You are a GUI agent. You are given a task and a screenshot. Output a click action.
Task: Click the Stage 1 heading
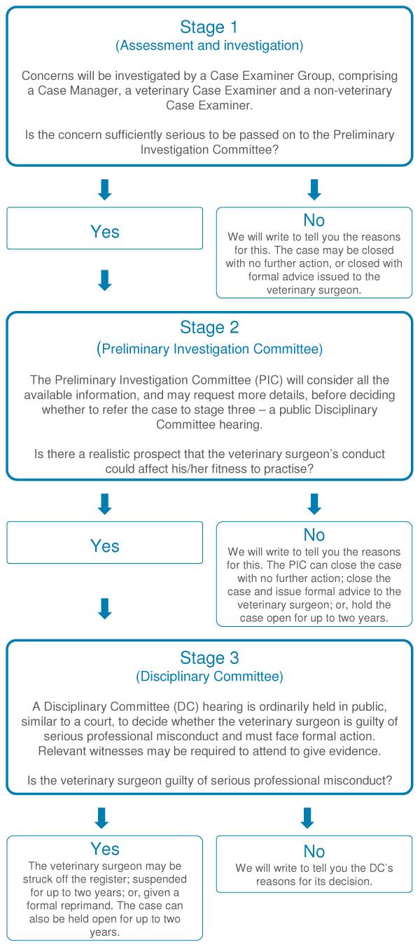pos(209,27)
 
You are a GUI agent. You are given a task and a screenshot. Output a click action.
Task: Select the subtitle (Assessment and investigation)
pos(209,46)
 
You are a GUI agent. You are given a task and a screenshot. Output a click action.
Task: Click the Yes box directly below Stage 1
pos(104,228)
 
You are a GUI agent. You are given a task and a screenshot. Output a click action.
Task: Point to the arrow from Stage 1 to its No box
pos(314,190)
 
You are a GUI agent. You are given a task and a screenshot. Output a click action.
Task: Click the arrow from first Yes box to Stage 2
pos(104,280)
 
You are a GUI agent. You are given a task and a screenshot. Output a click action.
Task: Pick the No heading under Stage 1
pos(314,221)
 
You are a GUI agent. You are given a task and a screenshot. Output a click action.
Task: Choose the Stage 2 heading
pos(209,328)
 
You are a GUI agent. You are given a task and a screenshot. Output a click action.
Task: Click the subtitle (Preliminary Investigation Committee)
pos(209,349)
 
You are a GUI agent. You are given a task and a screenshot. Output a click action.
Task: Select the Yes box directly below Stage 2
pos(104,542)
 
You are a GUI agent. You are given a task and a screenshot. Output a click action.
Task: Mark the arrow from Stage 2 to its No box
pos(314,504)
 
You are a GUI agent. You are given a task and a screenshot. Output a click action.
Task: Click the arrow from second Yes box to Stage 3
pos(104,609)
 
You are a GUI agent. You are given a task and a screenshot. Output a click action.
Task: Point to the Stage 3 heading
pos(209,658)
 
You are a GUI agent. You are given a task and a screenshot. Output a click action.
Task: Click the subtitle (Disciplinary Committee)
pos(209,676)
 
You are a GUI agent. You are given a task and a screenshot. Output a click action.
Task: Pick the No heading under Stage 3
pos(314,852)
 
